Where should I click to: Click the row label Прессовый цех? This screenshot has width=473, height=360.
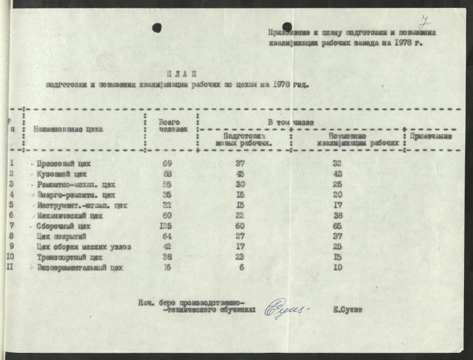[x=64, y=163]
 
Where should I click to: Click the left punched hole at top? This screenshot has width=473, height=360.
[x=157, y=28]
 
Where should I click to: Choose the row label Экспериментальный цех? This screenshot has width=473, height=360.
[x=80, y=268]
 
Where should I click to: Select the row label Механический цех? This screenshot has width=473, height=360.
[x=67, y=215]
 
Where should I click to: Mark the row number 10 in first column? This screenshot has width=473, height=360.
[x=11, y=257]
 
